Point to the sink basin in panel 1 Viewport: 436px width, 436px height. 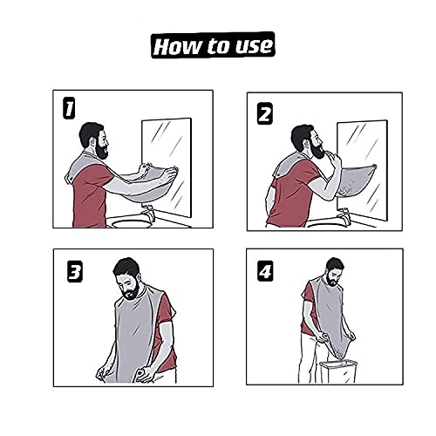tap(131, 221)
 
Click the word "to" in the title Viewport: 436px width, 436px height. tap(214, 45)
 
